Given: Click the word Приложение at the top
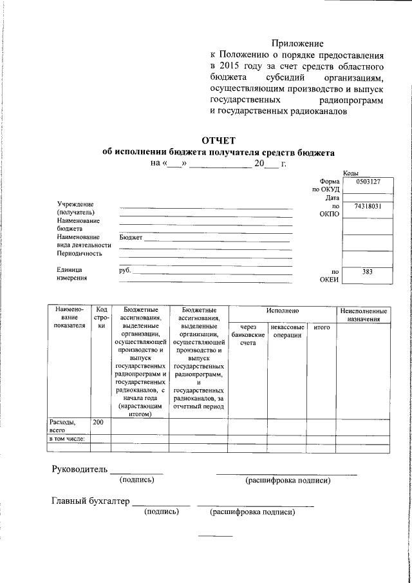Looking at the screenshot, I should [297, 43].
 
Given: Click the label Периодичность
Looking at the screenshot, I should [79, 253].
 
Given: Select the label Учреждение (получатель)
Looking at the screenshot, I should [76, 208].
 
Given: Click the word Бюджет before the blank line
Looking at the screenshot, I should [131, 238].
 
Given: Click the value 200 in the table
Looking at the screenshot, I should [98, 422].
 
